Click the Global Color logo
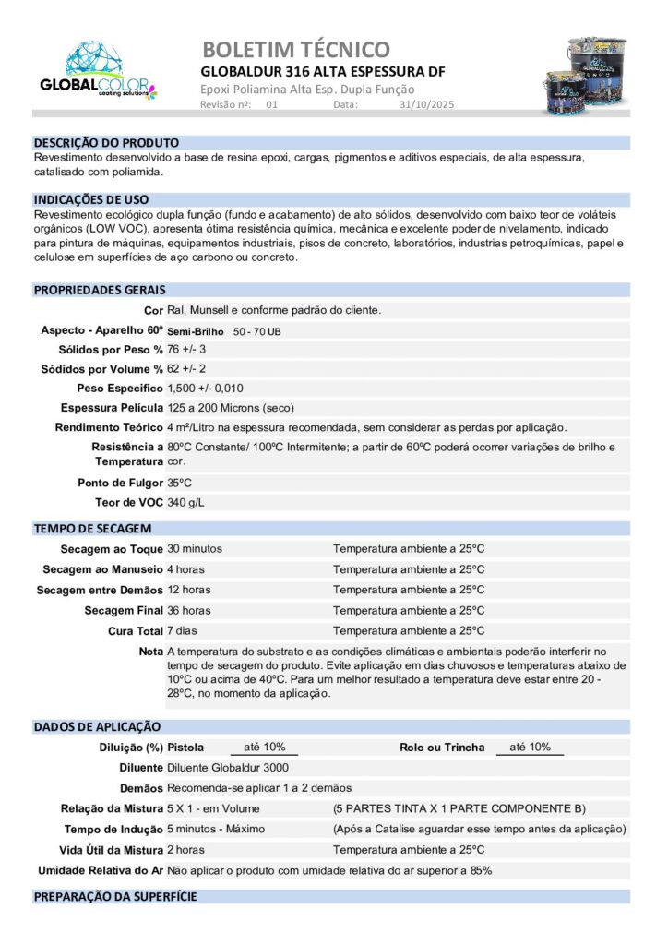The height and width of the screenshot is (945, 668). click(x=98, y=71)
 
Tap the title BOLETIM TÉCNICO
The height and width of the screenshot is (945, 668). click(x=295, y=49)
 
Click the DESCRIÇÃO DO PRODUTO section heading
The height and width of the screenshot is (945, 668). click(x=106, y=143)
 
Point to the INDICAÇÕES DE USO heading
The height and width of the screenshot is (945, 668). click(x=91, y=199)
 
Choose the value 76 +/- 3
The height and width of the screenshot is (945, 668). click(x=186, y=350)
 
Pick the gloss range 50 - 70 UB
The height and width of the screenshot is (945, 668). click(x=257, y=330)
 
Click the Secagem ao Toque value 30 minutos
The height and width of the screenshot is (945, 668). click(x=194, y=548)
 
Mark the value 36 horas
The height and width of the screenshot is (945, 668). click(x=188, y=610)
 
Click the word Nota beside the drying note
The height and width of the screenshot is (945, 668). click(x=150, y=652)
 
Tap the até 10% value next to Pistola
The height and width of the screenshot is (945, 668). click(x=264, y=747)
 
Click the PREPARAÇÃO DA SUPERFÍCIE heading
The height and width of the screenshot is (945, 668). click(x=115, y=897)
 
